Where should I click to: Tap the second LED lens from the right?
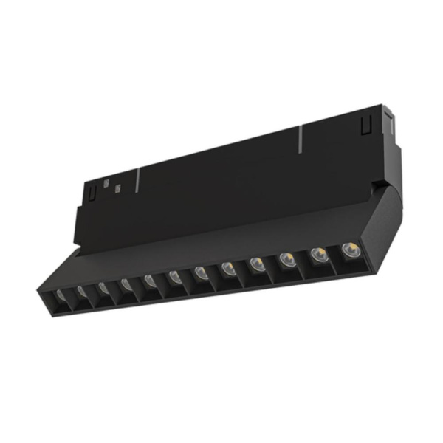[317, 255]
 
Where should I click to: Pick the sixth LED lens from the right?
[200, 272]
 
